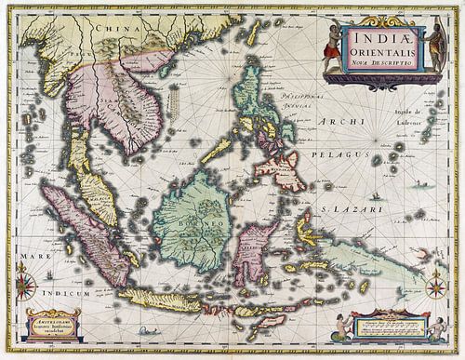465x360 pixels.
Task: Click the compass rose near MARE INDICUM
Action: [x=24, y=283]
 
